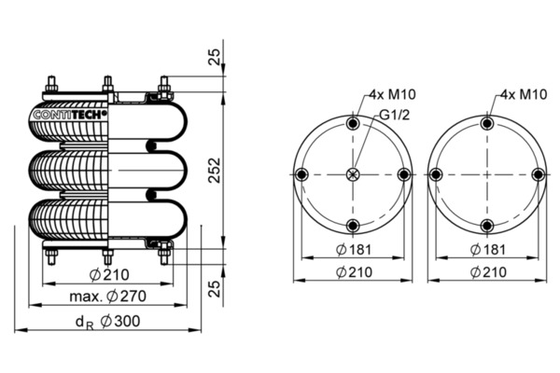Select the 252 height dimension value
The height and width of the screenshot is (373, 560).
[215, 171]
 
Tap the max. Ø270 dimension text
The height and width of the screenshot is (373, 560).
[108, 297]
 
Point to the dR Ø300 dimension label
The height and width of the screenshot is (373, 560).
[108, 322]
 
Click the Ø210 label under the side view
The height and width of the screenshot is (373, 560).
[109, 275]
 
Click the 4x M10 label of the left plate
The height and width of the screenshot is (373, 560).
[393, 94]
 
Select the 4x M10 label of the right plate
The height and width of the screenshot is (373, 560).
[524, 94]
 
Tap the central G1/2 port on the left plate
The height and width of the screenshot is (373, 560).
[353, 174]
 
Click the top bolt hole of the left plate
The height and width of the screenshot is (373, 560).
[353, 123]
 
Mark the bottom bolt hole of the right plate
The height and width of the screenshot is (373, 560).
[487, 226]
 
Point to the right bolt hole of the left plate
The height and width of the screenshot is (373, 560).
[404, 174]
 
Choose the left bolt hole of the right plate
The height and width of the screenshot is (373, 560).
[436, 174]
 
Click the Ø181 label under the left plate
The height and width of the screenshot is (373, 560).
[354, 250]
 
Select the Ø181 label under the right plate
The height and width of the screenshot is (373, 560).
[488, 250]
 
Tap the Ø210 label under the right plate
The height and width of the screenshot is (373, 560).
[488, 272]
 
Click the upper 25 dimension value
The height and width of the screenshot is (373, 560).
[215, 56]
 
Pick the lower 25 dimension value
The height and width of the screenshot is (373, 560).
[215, 288]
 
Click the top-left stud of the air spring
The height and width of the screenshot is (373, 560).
[51, 84]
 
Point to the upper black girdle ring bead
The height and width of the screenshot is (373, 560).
[151, 145]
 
